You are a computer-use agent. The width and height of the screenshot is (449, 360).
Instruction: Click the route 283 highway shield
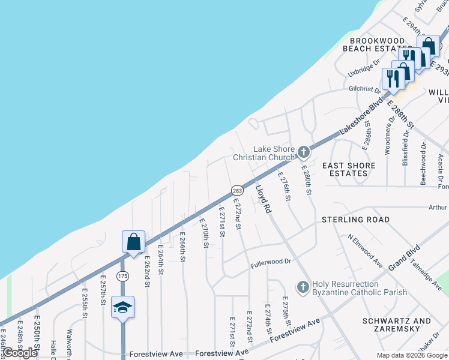coord(237,190)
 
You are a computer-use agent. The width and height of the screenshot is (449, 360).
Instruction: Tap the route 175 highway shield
coord(122,275)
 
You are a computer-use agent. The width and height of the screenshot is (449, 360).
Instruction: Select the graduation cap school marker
coord(122,307)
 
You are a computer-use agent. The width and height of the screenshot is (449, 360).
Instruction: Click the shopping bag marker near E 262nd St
coord(134,242)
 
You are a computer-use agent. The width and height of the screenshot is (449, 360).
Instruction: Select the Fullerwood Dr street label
coord(271,262)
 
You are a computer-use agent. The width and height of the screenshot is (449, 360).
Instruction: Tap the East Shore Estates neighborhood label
coord(349,169)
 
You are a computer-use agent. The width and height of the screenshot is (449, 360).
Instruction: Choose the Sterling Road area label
coord(356,220)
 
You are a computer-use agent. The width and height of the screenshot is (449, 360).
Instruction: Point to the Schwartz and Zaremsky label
coord(397,326)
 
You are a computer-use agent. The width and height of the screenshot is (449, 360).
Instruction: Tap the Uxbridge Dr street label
coord(364,66)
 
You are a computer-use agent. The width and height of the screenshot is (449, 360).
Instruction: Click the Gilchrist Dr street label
coord(364,89)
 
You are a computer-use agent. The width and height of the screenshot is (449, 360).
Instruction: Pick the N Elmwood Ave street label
coord(366,250)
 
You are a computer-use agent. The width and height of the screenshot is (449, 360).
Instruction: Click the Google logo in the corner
coord(20,353)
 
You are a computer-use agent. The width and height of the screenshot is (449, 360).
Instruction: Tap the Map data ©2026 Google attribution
coord(412,355)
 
